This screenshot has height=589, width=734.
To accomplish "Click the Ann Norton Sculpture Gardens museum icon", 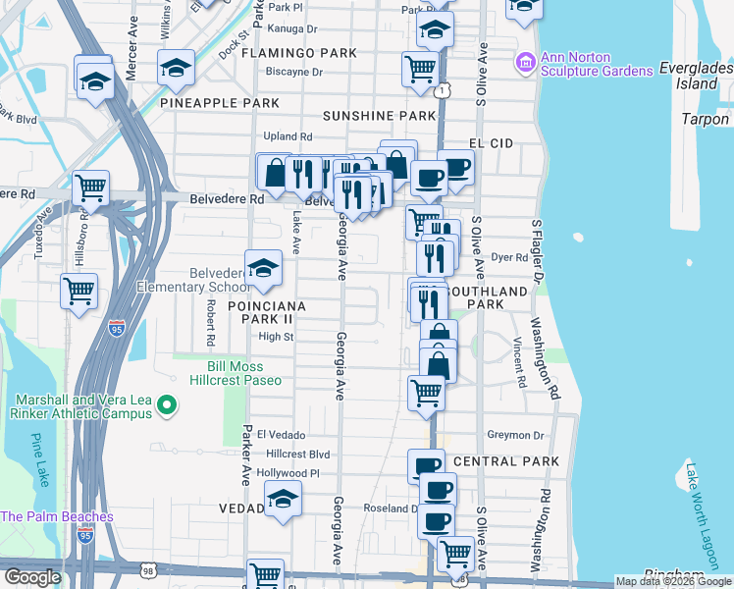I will click(526, 63).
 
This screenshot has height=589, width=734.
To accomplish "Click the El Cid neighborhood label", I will click(491, 143).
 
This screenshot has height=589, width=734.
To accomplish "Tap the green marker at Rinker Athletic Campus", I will click(166, 403).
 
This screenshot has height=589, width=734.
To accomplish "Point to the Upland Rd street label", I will click(287, 136).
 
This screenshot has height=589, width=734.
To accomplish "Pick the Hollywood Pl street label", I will click(288, 473).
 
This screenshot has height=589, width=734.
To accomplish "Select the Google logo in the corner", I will click(31, 577).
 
